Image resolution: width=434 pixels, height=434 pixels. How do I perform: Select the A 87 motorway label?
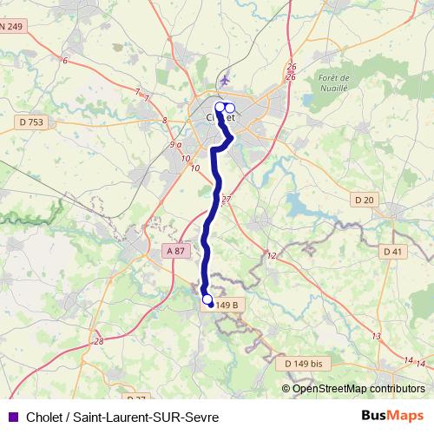(174, 251)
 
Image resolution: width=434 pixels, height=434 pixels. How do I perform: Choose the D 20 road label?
(365, 201)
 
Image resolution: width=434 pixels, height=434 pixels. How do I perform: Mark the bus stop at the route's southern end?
(207, 300)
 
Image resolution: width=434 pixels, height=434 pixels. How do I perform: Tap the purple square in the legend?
(12, 417)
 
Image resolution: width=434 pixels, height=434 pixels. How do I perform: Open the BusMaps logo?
(393, 416)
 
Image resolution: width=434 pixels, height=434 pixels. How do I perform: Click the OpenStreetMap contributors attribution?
(353, 389)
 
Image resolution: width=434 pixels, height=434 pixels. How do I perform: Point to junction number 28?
(99, 341)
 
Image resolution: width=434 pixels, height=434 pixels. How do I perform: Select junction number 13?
(376, 336)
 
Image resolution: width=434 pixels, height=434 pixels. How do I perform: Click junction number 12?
(271, 255)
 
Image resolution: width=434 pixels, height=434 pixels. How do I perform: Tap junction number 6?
(65, 60)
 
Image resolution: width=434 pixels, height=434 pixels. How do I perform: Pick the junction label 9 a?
(175, 144)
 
